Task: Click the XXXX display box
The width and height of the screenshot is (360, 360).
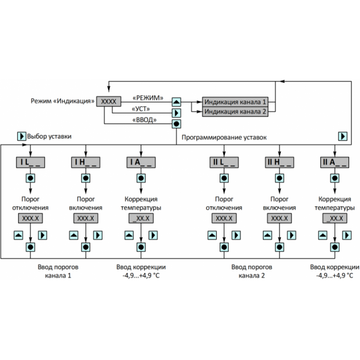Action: [109, 101]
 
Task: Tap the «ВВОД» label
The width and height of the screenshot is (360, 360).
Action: [144, 121]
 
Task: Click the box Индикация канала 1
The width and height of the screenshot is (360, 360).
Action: [235, 101]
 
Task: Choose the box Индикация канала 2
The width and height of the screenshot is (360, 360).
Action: [235, 112]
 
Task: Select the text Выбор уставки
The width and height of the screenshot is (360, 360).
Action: [47, 136]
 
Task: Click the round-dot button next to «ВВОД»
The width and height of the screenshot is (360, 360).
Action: [176, 124]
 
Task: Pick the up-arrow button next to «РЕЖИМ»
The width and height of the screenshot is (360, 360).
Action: [176, 102]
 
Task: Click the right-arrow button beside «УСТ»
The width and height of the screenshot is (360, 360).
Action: [176, 112]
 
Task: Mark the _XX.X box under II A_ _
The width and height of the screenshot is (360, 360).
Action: [332, 218]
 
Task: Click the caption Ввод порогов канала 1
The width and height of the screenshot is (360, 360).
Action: [58, 271]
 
